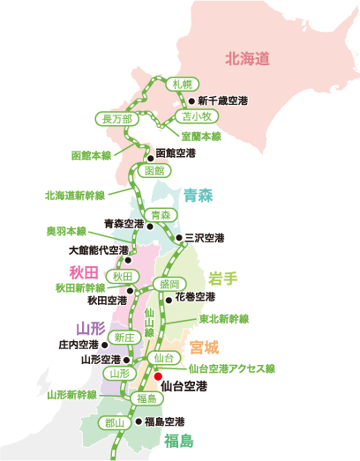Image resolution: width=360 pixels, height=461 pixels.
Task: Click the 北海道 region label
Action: (246, 59)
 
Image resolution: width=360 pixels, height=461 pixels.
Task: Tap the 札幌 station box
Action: (182, 84)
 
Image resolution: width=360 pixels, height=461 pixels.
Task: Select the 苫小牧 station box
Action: (196, 116)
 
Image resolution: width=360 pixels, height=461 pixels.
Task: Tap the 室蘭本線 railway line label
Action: (201, 136)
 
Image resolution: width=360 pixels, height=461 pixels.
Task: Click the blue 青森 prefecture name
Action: (199, 194)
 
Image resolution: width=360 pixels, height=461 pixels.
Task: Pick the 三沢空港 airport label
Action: (204, 238)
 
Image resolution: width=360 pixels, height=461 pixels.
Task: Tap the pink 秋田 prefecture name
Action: (87, 271)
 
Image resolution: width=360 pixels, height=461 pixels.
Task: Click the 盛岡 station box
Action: (169, 284)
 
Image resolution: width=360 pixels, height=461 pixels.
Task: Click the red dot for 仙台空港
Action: (159, 375)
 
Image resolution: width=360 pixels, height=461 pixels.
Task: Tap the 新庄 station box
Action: (123, 338)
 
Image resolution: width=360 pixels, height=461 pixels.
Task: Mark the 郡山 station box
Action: (115, 422)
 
